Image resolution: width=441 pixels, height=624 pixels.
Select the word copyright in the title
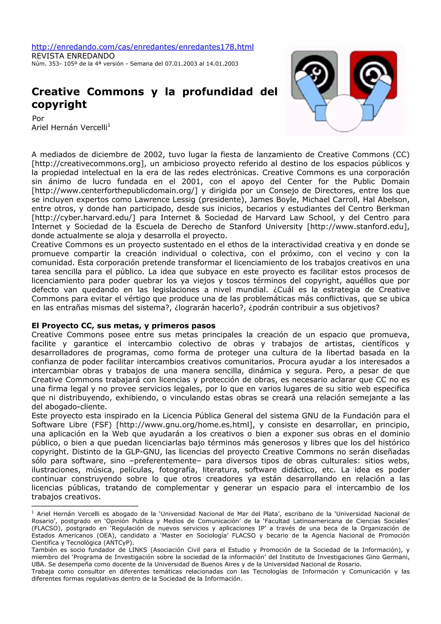(59, 104)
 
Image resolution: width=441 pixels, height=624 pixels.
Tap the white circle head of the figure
(344, 113)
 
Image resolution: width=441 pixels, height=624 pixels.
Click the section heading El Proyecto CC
(123, 326)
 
